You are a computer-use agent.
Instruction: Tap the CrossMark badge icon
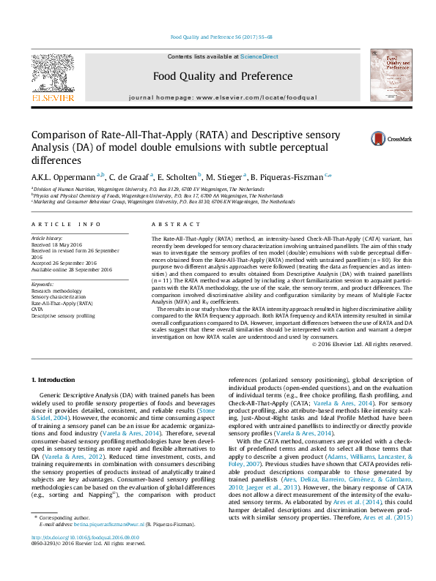click(x=399, y=138)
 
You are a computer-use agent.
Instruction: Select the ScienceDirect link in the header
click(x=259, y=56)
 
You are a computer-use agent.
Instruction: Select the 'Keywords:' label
click(x=43, y=283)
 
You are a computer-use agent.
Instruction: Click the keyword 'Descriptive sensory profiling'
click(x=63, y=315)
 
